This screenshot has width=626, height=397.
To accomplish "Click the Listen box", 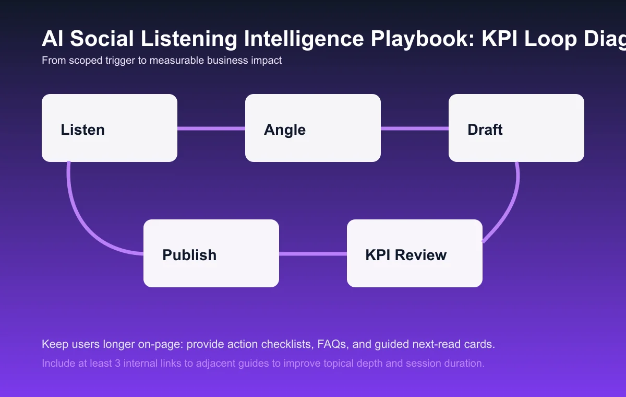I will coord(110,128).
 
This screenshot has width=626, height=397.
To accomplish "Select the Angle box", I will coord(313,128).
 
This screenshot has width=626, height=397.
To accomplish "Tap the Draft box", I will coord(516,128).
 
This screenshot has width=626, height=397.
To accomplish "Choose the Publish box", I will coord(211,253).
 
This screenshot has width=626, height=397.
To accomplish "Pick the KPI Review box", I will coord(415,253).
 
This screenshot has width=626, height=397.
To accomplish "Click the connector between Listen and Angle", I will coord(211,128).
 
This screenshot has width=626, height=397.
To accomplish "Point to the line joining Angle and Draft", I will coord(415,128).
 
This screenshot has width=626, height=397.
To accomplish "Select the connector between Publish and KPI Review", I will coord(313,254).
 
